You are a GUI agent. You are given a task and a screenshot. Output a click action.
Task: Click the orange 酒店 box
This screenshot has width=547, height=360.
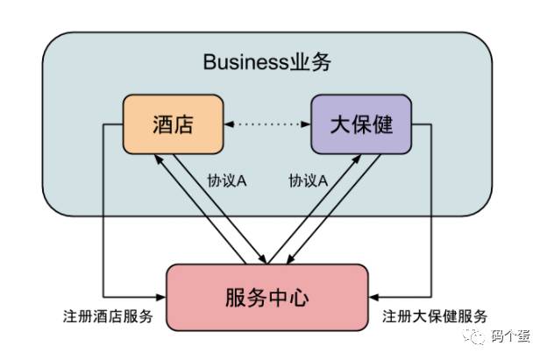tap(172, 125)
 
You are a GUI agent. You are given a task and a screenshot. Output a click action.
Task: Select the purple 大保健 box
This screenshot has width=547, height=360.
tap(360, 125)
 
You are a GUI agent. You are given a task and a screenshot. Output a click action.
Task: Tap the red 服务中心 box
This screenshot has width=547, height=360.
tap(266, 297)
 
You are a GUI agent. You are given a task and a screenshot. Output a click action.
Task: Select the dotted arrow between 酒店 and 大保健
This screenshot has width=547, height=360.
tap(266, 126)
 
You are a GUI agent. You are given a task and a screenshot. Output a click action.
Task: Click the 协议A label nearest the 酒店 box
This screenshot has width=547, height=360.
tap(226, 180)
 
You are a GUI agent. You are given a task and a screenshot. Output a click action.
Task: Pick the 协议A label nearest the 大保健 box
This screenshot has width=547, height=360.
tap(309, 180)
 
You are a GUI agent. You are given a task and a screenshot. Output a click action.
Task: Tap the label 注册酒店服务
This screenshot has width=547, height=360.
tap(109, 316)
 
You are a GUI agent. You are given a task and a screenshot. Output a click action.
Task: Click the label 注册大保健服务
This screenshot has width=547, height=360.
tap(435, 316)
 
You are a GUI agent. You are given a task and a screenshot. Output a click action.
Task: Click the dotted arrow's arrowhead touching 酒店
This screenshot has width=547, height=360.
tap(228, 126)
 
